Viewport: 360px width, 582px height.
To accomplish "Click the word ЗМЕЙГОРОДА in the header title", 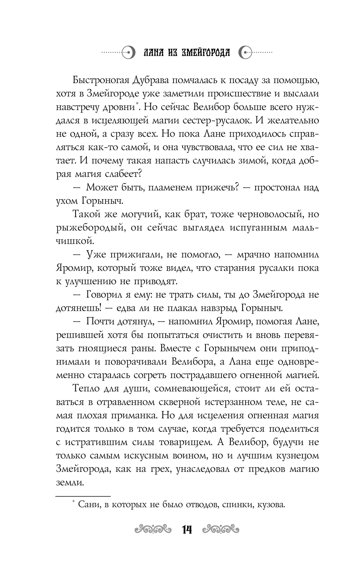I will tap(204, 53).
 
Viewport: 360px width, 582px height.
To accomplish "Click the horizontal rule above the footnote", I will tap(83, 496).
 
